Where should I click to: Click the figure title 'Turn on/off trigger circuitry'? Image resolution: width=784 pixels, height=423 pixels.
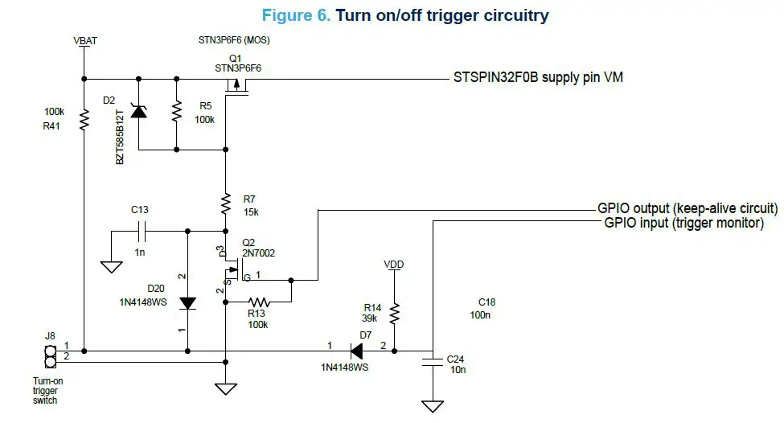pos(441,15)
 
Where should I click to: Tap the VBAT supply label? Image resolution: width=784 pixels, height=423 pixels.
pos(84,40)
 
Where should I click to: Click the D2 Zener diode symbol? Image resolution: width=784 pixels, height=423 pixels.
pos(139,112)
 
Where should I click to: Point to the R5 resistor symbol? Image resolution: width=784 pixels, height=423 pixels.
pos(175,112)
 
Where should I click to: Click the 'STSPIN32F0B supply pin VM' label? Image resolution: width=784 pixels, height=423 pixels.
pos(539,78)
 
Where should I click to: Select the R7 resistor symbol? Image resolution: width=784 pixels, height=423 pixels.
pos(226,203)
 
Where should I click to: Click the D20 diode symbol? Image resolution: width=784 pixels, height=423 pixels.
pos(187,303)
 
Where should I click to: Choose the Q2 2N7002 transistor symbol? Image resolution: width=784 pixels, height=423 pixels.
pos(232,269)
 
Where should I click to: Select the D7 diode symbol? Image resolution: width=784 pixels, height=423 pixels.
pos(355,351)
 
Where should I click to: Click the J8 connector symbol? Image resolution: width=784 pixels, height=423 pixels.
pos(47,355)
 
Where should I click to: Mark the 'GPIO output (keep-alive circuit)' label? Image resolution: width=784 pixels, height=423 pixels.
pos(687,208)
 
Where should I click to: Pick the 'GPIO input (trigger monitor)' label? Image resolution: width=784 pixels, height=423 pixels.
pos(683,223)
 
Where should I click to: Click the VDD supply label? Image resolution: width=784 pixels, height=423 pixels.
pos(393,263)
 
